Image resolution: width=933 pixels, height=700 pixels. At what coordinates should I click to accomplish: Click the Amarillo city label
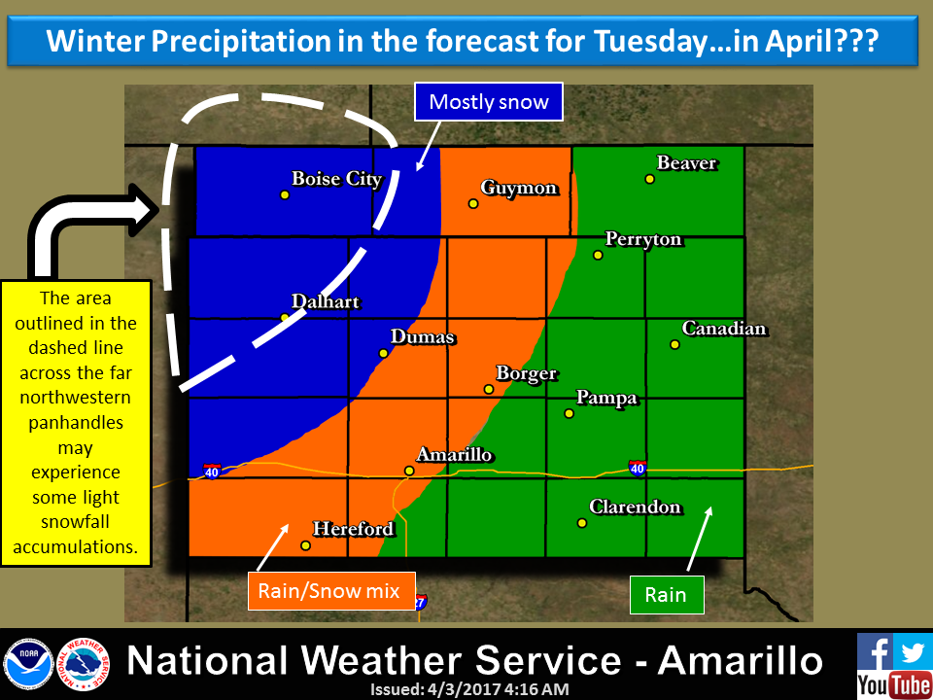[x=454, y=455]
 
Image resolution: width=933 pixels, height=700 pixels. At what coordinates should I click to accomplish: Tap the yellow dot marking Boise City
[x=285, y=194]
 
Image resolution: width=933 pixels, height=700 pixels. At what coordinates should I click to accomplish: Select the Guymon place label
[x=519, y=189]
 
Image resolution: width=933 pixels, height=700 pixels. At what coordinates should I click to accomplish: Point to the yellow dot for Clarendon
[x=582, y=523]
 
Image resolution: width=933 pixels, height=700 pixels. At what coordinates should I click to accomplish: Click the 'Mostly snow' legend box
[x=489, y=102]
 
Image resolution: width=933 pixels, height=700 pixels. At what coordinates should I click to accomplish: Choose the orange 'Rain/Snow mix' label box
[x=329, y=590]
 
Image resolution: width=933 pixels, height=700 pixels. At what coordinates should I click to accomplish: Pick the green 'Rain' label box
[x=665, y=595]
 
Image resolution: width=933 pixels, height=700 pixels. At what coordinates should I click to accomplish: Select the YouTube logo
[x=893, y=684]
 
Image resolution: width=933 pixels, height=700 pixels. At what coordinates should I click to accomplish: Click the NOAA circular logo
[x=28, y=663]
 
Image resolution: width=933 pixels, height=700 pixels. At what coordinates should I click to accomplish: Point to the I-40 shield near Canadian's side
[x=637, y=469]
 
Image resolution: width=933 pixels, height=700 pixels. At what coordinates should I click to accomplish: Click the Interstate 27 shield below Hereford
[x=419, y=603]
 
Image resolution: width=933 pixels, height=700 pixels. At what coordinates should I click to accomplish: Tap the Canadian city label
[x=724, y=330]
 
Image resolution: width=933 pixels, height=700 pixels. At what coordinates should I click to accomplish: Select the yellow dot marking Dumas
[x=384, y=353]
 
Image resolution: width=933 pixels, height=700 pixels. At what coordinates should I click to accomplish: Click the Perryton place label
[x=643, y=239]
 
